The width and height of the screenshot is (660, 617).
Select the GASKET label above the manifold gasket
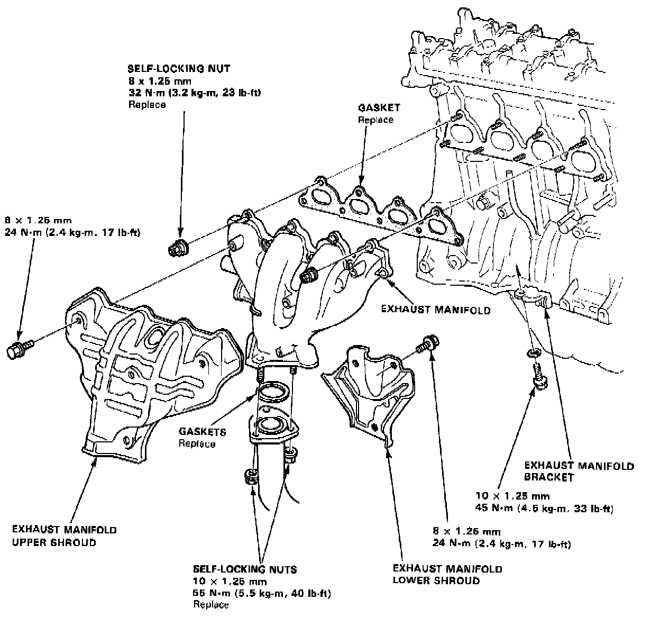coord(379,108)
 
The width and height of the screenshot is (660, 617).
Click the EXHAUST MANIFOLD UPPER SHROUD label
coord(65,536)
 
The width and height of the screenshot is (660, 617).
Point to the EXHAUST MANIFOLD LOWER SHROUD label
coord(447,575)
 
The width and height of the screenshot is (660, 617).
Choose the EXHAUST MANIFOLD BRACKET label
coord(579,471)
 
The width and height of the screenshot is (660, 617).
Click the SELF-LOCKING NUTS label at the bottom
coord(245,570)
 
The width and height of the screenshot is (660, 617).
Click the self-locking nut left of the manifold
coord(178,248)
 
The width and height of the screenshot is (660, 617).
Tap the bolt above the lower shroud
coord(427,343)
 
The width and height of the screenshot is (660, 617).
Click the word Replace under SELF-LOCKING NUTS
coord(211,605)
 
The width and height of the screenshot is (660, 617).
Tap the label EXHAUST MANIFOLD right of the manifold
coord(436,310)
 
